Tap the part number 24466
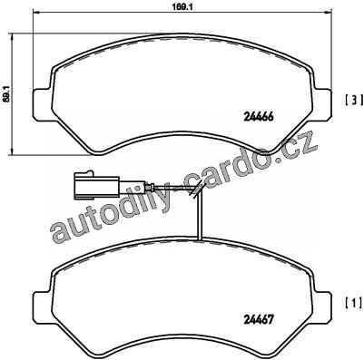258,117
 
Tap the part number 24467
259,319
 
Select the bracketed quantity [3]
354,100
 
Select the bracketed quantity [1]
354,302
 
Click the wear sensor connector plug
97,186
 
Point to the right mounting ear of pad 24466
321,102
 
